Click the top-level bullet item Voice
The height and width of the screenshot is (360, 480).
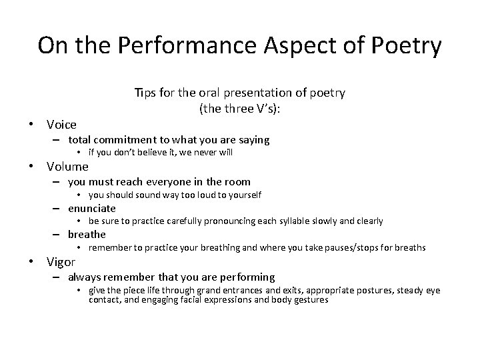[61, 124]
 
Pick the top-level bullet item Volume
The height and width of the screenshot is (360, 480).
[67, 166]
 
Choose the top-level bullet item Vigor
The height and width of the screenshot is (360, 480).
[61, 262]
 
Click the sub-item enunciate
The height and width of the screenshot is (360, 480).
[92, 208]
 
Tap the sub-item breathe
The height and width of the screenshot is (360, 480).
[87, 234]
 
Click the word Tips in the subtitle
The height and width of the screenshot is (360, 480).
[145, 93]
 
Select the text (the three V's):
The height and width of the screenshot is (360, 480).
[240, 108]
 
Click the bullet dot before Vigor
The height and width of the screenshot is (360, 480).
[32, 262]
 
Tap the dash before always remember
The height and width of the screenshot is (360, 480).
[58, 277]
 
